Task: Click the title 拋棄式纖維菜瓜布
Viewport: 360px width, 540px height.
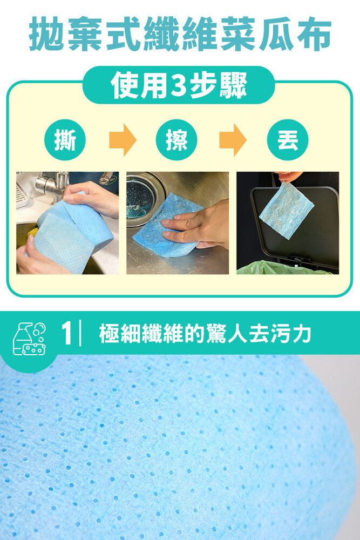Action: point(180,33)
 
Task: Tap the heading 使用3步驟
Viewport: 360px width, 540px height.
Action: point(179,85)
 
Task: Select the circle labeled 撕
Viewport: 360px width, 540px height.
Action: point(65,140)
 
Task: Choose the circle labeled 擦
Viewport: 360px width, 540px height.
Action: point(176,140)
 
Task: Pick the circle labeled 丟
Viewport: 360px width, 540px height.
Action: point(288,140)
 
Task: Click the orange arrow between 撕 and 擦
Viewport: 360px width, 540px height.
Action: point(123,140)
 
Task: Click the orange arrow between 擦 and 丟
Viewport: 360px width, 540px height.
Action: point(233,140)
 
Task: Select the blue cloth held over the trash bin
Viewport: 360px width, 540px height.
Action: point(286,210)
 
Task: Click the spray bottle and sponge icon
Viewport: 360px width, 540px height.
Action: point(29,339)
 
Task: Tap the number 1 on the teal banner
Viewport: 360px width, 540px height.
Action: point(67,333)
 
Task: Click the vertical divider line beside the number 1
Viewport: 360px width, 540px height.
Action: point(80,333)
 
